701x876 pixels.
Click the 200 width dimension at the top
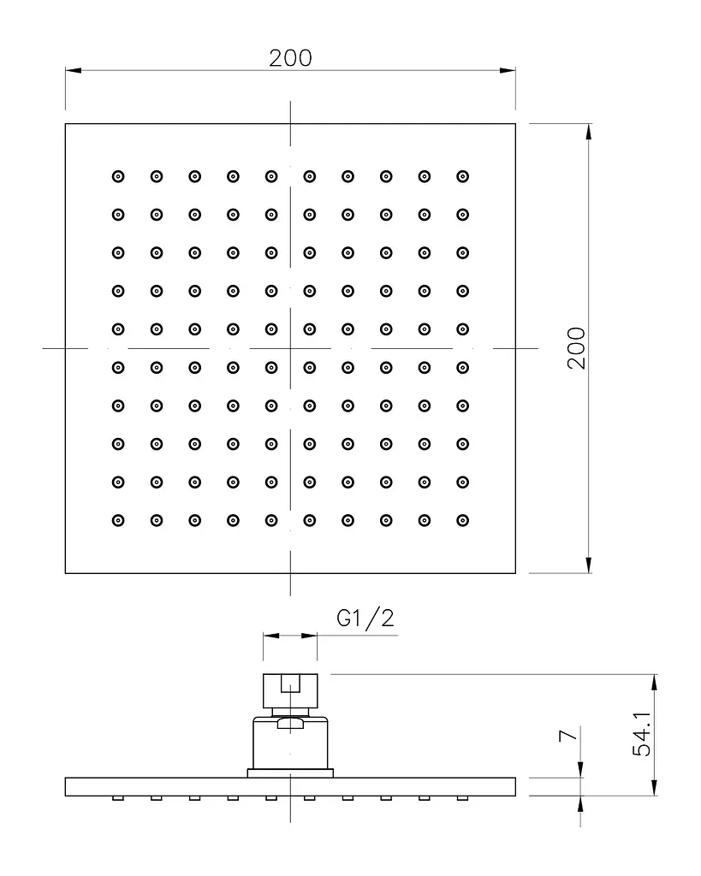click(x=290, y=58)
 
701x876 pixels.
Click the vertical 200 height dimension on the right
click(x=576, y=348)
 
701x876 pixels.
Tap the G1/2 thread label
click(x=365, y=619)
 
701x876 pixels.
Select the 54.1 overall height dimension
click(x=642, y=734)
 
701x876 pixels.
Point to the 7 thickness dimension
click(x=568, y=735)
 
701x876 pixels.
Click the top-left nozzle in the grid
click(x=118, y=176)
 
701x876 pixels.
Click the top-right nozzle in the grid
click(x=462, y=176)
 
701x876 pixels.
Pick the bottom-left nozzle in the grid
click(x=118, y=521)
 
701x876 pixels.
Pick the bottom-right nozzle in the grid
click(x=462, y=521)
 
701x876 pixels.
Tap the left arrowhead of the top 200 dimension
click(x=74, y=70)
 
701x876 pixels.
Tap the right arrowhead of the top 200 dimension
click(x=508, y=70)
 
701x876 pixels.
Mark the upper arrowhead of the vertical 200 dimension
click(x=589, y=132)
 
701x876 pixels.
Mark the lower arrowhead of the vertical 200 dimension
click(x=589, y=565)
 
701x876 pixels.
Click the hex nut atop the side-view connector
click(x=290, y=691)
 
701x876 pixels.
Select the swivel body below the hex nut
click(x=290, y=743)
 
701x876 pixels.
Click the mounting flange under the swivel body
click(x=290, y=773)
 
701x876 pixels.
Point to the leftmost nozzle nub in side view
click(x=118, y=798)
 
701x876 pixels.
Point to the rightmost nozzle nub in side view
click(x=462, y=798)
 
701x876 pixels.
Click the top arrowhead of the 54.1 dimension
click(x=655, y=683)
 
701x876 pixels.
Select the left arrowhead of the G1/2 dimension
click(x=271, y=636)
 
